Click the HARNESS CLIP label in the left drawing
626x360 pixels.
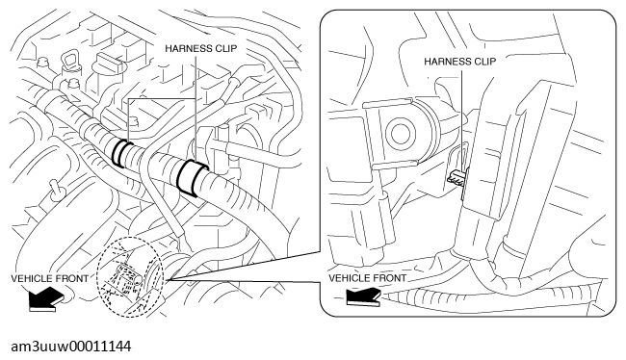[x=201, y=49]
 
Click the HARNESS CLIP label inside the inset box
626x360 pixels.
[x=460, y=62]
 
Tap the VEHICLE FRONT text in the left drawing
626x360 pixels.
[x=49, y=278]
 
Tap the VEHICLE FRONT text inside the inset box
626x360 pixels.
[x=367, y=278]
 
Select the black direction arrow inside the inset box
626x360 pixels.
[x=363, y=297]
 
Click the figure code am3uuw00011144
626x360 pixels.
[x=70, y=347]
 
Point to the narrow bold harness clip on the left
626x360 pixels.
[x=123, y=153]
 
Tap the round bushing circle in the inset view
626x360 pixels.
[x=400, y=134]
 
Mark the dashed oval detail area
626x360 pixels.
[x=131, y=277]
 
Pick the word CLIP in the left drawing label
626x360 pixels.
[x=225, y=49]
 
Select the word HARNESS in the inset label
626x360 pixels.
[x=447, y=62]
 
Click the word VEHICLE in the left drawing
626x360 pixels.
[x=30, y=278]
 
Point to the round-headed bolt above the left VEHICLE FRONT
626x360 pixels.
[x=55, y=189]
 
